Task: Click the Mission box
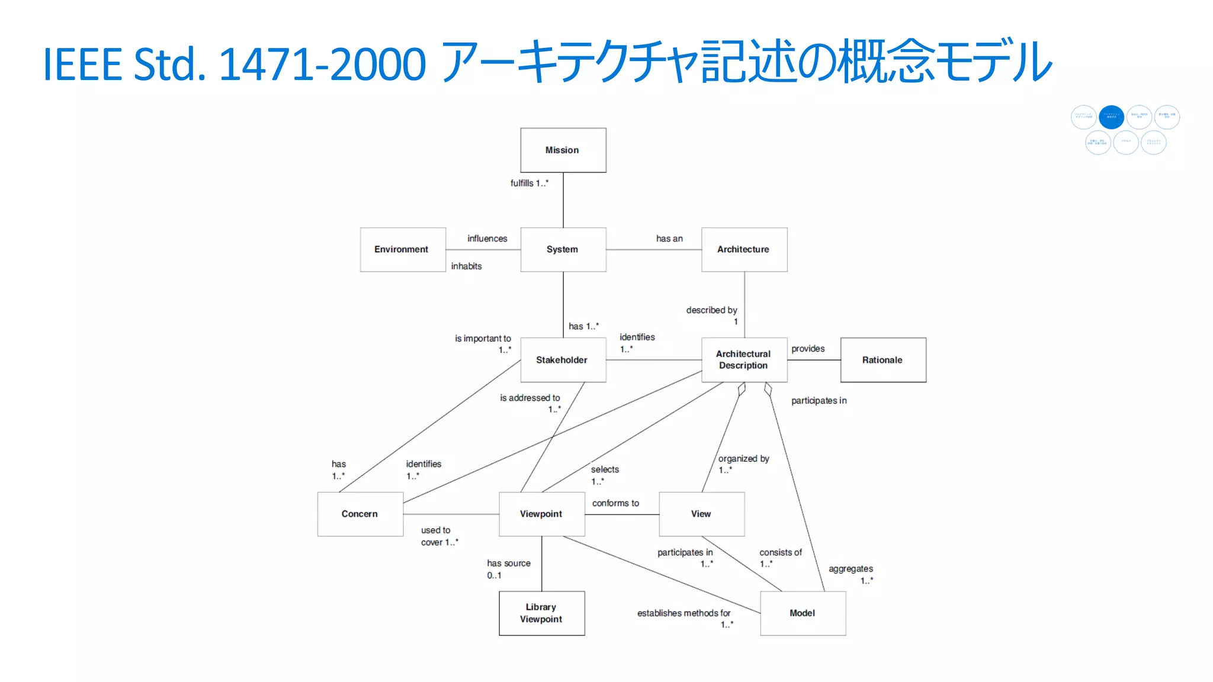(563, 150)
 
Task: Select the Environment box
(402, 250)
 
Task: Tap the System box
(563, 250)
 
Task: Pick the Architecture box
(744, 250)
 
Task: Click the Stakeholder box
(563, 360)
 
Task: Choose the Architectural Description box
(744, 360)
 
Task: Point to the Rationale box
(883, 360)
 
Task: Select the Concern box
(360, 514)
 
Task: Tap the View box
(701, 514)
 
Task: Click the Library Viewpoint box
(541, 613)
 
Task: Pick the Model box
(803, 613)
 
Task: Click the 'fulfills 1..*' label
(530, 184)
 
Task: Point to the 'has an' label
(669, 239)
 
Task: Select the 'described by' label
(711, 310)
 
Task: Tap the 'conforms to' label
(615, 503)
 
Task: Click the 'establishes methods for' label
(683, 613)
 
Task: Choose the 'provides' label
(808, 349)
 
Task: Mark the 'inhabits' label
(466, 266)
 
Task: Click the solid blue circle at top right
(1111, 117)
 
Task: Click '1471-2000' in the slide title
(322, 64)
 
